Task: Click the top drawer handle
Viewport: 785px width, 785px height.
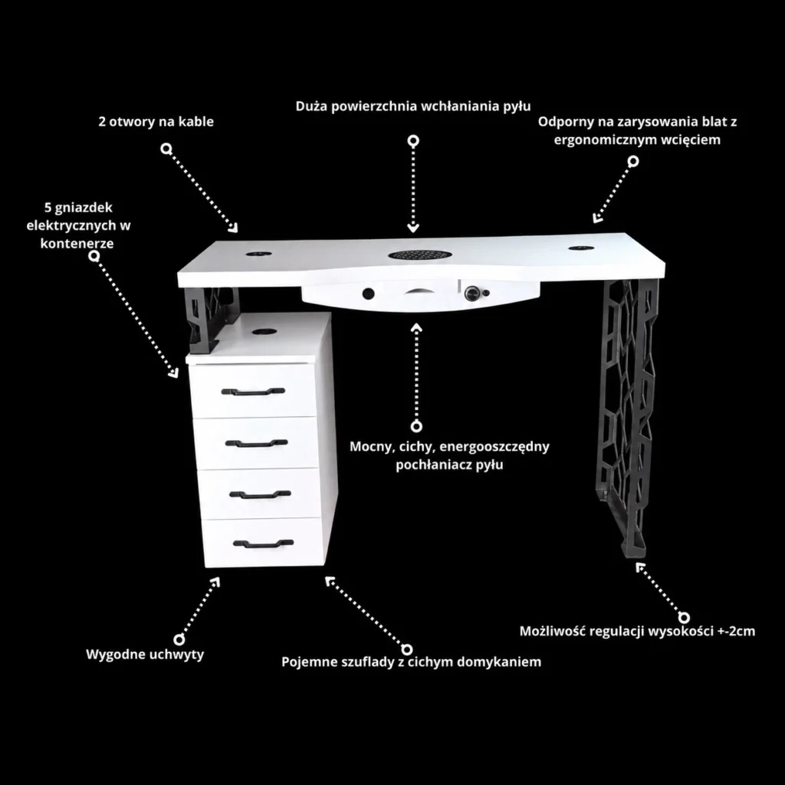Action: (253, 391)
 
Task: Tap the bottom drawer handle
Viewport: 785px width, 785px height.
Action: (264, 544)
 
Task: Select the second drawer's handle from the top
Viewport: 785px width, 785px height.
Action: (256, 443)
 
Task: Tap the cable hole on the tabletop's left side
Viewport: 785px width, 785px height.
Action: (259, 254)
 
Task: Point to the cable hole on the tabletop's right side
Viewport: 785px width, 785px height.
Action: (581, 248)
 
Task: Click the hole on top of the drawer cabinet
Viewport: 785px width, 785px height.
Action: (264, 331)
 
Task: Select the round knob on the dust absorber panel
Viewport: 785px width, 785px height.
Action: (471, 294)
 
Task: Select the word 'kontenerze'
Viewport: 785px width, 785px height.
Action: (77, 244)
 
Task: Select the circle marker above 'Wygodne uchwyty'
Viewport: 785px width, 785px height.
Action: (179, 639)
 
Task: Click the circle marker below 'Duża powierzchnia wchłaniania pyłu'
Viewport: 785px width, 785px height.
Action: (413, 141)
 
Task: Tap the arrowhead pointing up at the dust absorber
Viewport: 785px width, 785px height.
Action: (416, 328)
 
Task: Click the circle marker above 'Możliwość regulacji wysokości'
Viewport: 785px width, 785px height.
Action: (684, 617)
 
